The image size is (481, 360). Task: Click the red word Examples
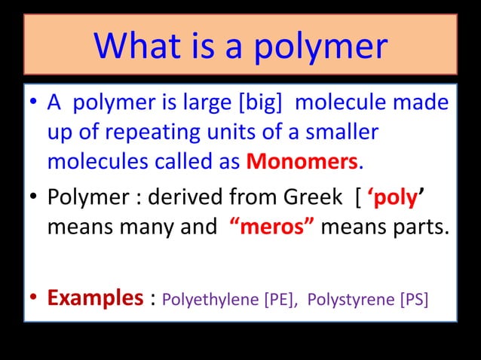coord(94,297)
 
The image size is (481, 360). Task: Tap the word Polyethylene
coord(211,299)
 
